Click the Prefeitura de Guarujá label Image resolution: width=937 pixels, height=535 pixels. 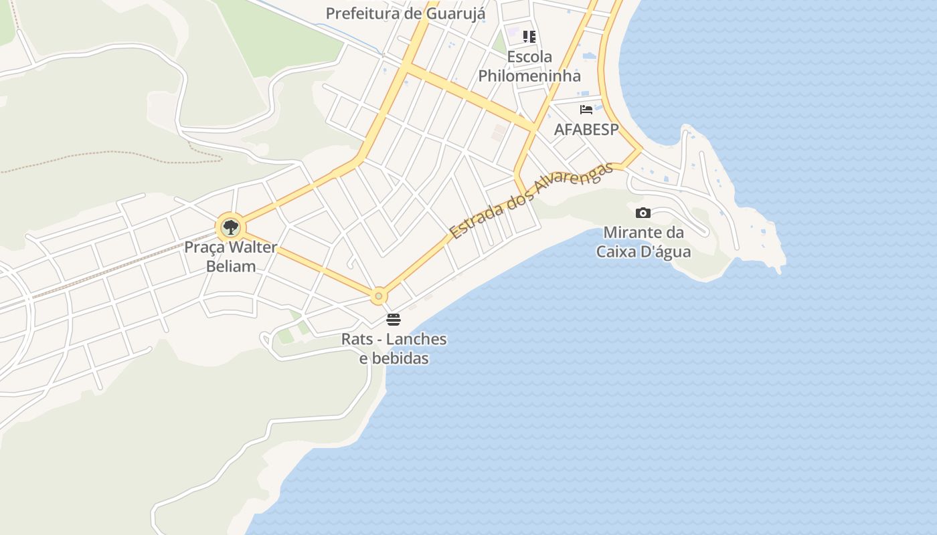click(405, 13)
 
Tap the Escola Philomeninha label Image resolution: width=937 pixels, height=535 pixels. click(529, 66)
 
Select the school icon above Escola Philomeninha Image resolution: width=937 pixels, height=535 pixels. click(529, 37)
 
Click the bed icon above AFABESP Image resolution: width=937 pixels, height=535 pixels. click(586, 110)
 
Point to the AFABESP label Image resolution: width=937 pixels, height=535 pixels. click(586, 129)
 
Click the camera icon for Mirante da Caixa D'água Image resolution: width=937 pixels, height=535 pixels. click(643, 213)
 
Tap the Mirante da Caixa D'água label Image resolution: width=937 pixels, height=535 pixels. click(643, 242)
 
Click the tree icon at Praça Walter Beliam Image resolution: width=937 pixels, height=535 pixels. click(230, 227)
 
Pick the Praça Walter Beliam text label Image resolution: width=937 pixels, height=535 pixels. click(230, 257)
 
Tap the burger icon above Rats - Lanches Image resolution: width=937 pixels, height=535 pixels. click(394, 320)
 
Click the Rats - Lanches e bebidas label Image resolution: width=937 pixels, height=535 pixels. click(394, 348)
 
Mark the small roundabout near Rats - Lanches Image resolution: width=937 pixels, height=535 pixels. click(379, 296)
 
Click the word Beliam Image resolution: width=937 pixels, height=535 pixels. click(230, 266)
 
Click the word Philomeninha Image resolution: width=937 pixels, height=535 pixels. click(529, 75)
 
